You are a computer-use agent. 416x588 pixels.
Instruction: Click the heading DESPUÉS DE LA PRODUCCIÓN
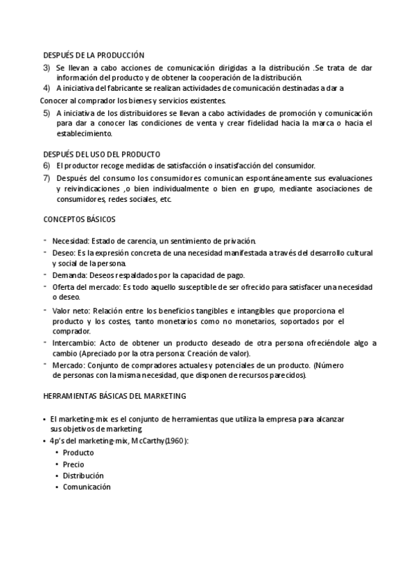pyautogui.click(x=94, y=54)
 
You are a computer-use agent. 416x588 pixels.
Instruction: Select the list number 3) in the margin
pyautogui.click(x=46, y=67)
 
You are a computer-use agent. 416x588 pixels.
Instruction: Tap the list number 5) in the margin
pyautogui.click(x=46, y=113)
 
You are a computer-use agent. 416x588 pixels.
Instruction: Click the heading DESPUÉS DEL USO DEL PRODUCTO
pyautogui.click(x=102, y=154)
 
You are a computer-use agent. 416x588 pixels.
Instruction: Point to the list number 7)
pyautogui.click(x=46, y=178)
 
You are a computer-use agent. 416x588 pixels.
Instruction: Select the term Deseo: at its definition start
pyautogui.click(x=64, y=252)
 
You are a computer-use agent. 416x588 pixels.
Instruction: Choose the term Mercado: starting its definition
pyautogui.click(x=70, y=365)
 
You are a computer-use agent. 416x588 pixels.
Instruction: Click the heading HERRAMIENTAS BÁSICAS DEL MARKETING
pyautogui.click(x=115, y=396)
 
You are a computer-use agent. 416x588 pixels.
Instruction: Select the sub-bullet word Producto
pyautogui.click(x=78, y=453)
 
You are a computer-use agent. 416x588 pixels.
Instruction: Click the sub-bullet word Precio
pyautogui.click(x=73, y=465)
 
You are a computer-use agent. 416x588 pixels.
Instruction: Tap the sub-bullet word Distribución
pyautogui.click(x=83, y=476)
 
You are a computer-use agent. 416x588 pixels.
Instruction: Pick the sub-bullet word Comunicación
pyautogui.click(x=87, y=487)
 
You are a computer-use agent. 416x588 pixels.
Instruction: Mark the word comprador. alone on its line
pyautogui.click(x=71, y=331)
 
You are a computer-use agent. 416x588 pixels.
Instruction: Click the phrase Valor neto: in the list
pyautogui.click(x=71, y=311)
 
